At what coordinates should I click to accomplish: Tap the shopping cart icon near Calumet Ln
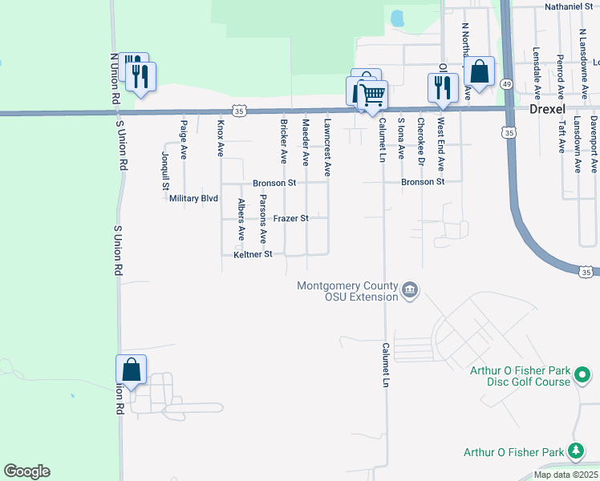[373, 95]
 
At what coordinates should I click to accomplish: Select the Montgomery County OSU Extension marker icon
[409, 289]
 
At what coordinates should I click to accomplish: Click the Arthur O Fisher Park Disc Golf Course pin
[585, 374]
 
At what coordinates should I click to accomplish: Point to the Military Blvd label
[194, 198]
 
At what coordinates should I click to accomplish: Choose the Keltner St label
[253, 254]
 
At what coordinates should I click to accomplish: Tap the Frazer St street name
[290, 218]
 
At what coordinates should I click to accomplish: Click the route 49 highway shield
[506, 83]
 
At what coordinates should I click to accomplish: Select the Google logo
[26, 471]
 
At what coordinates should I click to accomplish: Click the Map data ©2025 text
[565, 475]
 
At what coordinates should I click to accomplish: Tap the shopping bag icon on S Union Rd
[132, 370]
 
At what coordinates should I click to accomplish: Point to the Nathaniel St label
[567, 6]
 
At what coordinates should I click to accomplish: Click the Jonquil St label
[165, 171]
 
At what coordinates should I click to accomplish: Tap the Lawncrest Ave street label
[326, 148]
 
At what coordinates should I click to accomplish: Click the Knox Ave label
[221, 138]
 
